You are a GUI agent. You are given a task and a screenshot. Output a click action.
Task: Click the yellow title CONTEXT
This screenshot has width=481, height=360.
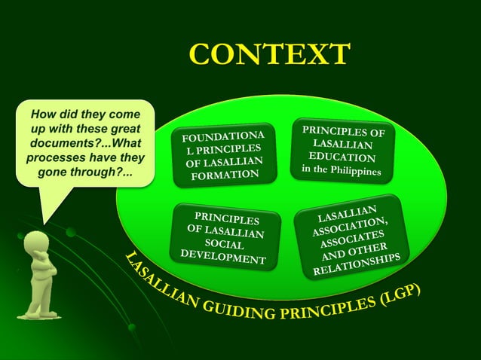270,54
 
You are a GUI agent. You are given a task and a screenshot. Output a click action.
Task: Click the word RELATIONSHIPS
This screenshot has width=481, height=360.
361,267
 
